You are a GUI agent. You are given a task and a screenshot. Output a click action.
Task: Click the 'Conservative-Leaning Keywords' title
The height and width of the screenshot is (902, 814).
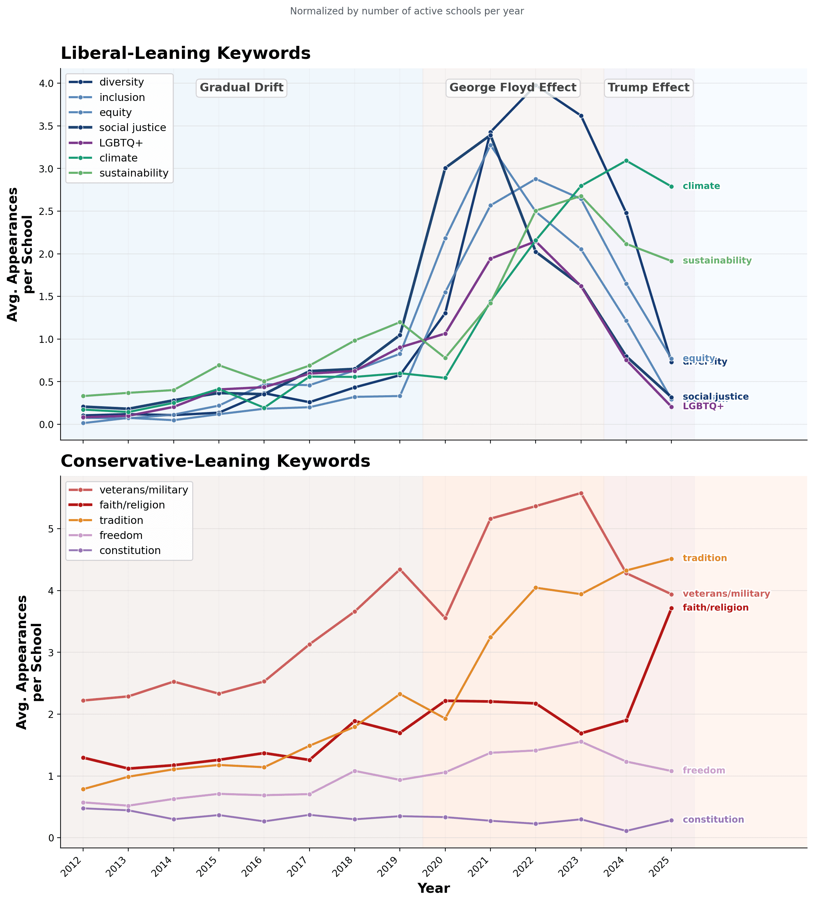click(x=215, y=461)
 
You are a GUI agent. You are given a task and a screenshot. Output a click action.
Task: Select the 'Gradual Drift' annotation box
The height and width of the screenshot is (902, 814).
click(x=241, y=88)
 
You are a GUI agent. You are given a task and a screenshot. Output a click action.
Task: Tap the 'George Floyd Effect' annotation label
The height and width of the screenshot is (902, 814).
click(x=513, y=88)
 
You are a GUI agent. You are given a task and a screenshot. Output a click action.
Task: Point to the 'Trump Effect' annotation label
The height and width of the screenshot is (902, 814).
click(x=648, y=88)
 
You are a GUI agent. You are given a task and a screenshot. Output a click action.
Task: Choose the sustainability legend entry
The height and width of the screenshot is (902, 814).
click(x=134, y=173)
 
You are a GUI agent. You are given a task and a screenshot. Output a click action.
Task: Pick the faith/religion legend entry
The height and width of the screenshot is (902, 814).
click(x=132, y=505)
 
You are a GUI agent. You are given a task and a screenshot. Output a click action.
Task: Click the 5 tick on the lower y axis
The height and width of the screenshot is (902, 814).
click(x=51, y=529)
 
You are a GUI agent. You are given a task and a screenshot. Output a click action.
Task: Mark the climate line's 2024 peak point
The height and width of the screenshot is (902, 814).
click(x=626, y=160)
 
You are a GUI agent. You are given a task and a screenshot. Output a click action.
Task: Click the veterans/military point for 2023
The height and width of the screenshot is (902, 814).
click(x=581, y=493)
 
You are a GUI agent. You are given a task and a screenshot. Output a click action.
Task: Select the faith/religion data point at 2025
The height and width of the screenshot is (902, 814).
click(x=671, y=608)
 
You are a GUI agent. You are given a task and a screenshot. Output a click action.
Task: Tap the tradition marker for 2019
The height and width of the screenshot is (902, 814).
click(x=400, y=694)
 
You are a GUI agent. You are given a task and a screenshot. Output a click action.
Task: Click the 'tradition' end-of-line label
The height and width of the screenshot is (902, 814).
click(x=705, y=558)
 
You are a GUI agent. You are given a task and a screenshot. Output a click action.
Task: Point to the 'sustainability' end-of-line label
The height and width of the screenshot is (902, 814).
click(x=717, y=261)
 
